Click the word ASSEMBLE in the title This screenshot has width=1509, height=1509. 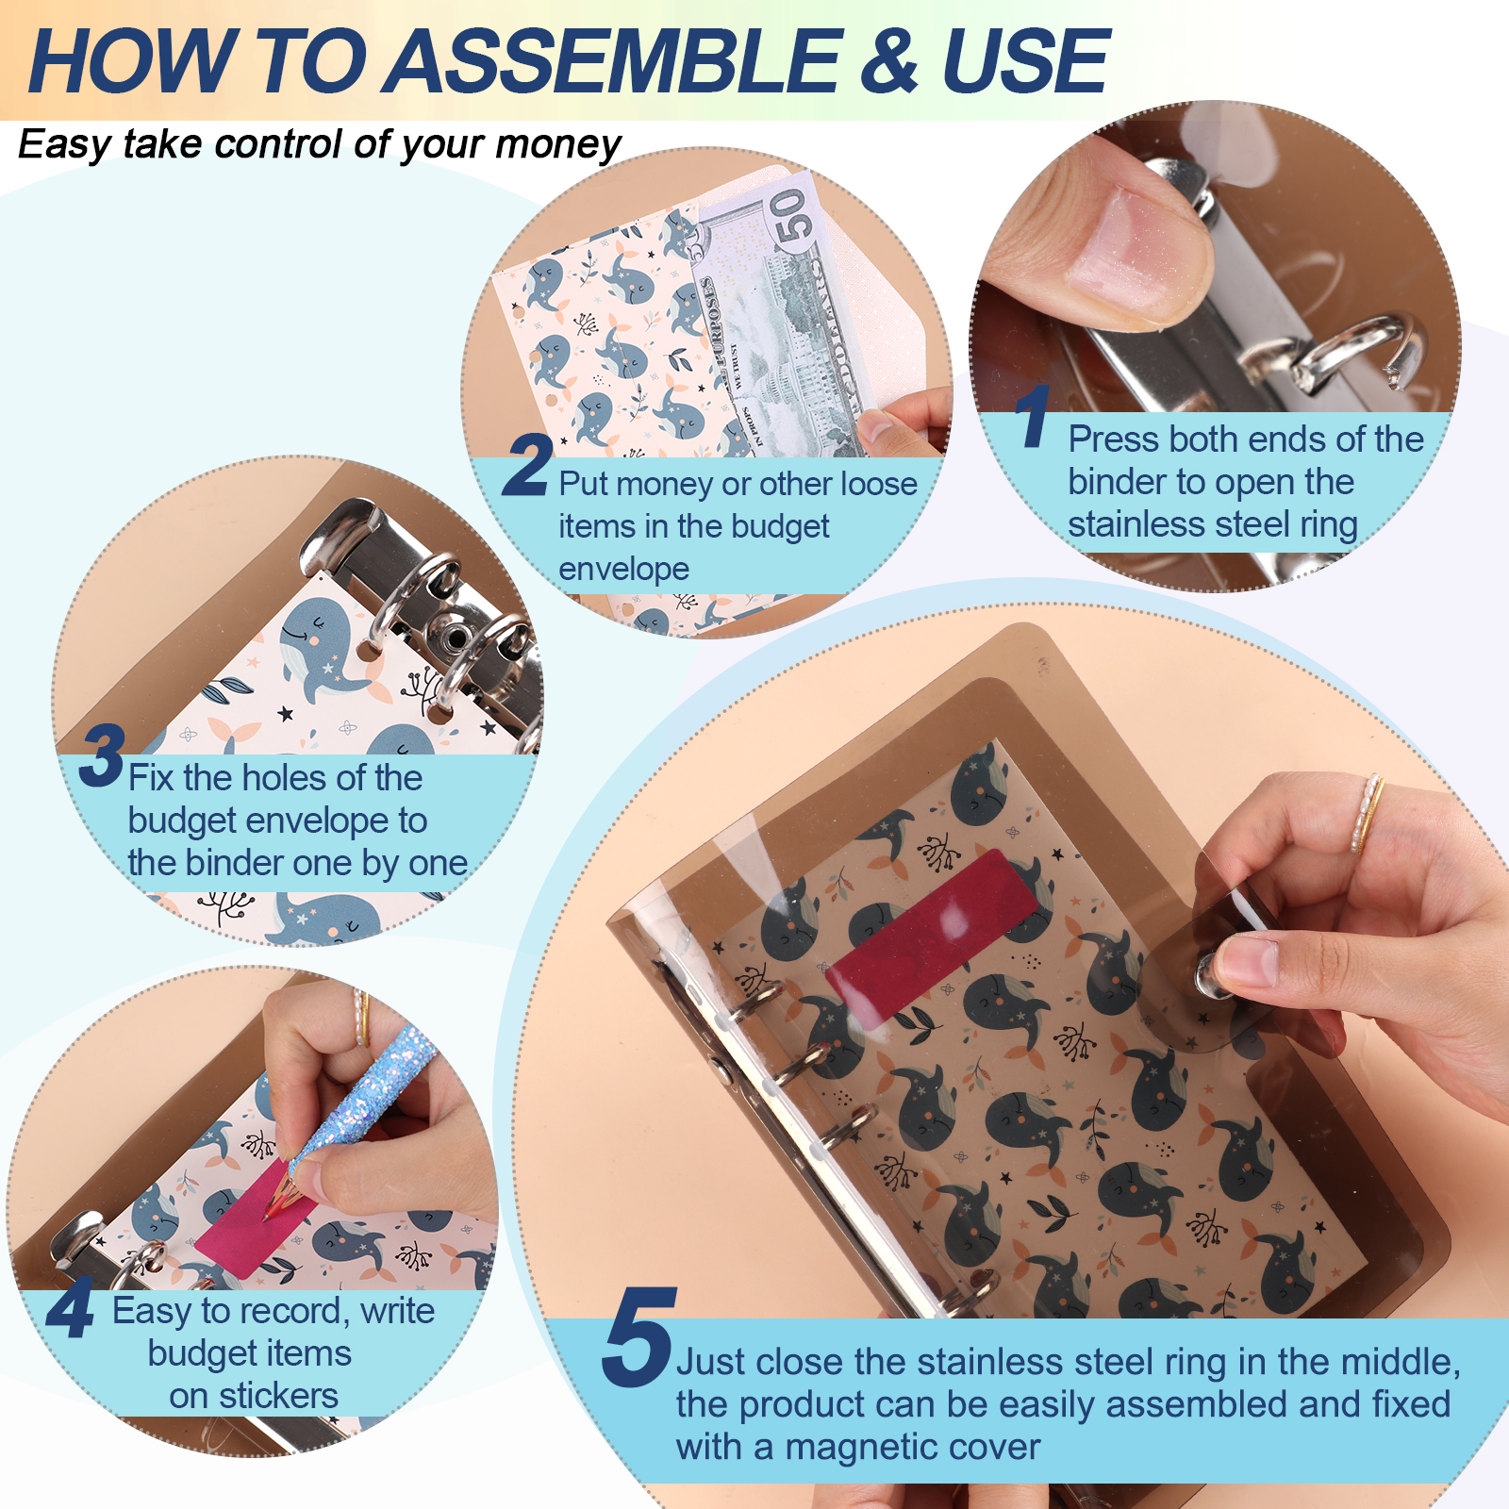pos(615,61)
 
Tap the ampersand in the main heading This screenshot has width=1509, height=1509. pos(889,61)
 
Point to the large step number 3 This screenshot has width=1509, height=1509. pos(102,754)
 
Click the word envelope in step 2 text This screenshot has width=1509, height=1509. pos(623,570)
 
